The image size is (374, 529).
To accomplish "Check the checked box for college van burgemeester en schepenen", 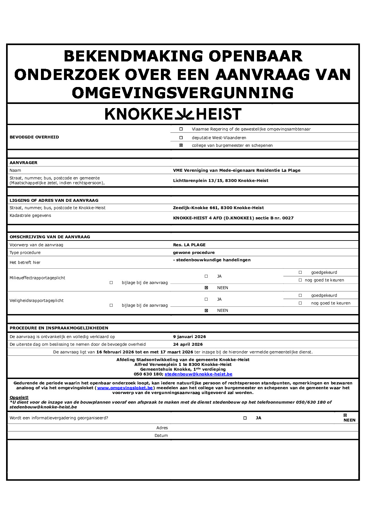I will [x=181, y=145].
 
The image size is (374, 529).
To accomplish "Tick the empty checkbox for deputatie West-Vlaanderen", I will [x=181, y=138].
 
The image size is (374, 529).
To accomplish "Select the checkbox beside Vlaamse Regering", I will [x=181, y=129].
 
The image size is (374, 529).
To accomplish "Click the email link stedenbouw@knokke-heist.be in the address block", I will [x=198, y=374].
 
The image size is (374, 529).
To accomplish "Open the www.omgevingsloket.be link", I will [x=125, y=388].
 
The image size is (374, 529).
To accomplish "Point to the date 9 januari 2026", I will [x=189, y=337].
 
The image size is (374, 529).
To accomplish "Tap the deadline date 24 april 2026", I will [x=188, y=344].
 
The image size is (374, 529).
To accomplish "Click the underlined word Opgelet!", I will [x=19, y=398].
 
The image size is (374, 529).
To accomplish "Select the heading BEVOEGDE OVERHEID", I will [x=34, y=137].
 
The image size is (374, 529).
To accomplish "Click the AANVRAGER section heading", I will [x=23, y=163].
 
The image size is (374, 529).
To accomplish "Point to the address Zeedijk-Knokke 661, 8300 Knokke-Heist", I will [x=218, y=208].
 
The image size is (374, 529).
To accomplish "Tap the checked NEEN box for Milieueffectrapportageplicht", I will [x=206, y=288].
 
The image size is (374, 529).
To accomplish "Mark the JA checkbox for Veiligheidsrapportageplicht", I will [x=206, y=299].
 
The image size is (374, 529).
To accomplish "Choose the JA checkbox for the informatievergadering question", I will [x=245, y=418].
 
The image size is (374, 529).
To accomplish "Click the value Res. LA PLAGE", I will [x=189, y=245].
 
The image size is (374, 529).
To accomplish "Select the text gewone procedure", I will [x=194, y=253].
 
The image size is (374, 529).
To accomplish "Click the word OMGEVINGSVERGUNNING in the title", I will [x=183, y=93].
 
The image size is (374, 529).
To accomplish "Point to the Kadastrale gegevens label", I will [x=30, y=216].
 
